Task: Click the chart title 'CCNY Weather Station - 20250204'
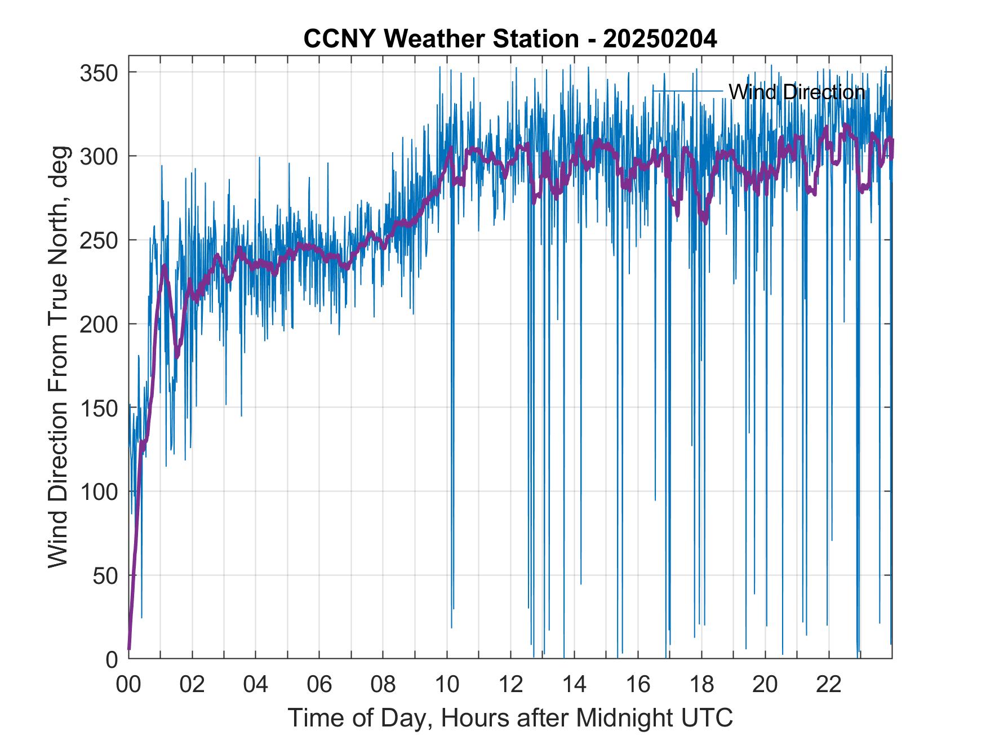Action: click(x=510, y=39)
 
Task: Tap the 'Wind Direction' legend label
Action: click(x=797, y=92)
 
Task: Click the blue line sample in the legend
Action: click(x=687, y=91)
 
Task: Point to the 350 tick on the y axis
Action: click(x=99, y=73)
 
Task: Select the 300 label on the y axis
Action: click(x=99, y=156)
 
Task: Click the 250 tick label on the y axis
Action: click(x=99, y=240)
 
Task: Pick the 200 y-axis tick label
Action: click(x=99, y=324)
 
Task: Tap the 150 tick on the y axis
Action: click(x=99, y=408)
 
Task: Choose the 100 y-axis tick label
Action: click(x=99, y=492)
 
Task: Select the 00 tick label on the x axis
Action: click(x=128, y=685)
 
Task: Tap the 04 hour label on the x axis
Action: click(x=256, y=685)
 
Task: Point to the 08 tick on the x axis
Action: click(x=383, y=685)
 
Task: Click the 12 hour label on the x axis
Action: click(x=510, y=685)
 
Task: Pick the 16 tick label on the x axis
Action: click(x=638, y=685)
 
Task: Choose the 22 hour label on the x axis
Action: click(x=829, y=685)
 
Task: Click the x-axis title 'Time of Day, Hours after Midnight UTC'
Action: click(x=510, y=718)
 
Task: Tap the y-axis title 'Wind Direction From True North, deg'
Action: click(x=58, y=357)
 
